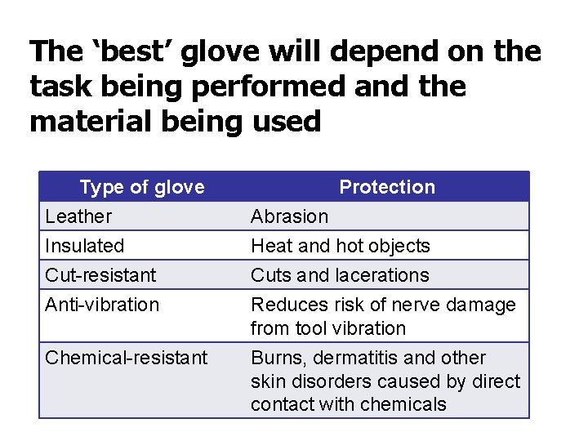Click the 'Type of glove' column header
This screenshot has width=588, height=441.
coord(141,187)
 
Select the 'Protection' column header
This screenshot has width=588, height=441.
coord(387,187)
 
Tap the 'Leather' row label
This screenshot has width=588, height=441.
coord(78,216)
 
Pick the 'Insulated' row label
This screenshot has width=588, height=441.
coord(85,246)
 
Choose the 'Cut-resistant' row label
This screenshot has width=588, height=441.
coord(100,275)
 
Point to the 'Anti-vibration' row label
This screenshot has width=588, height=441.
coord(102,305)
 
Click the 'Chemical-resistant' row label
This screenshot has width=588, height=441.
coord(127,358)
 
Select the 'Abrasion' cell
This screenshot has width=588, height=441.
coord(289,216)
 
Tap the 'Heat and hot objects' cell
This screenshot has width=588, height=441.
coord(340,246)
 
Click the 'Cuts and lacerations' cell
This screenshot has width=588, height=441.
coord(339,275)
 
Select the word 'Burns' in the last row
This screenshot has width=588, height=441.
coord(274,358)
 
